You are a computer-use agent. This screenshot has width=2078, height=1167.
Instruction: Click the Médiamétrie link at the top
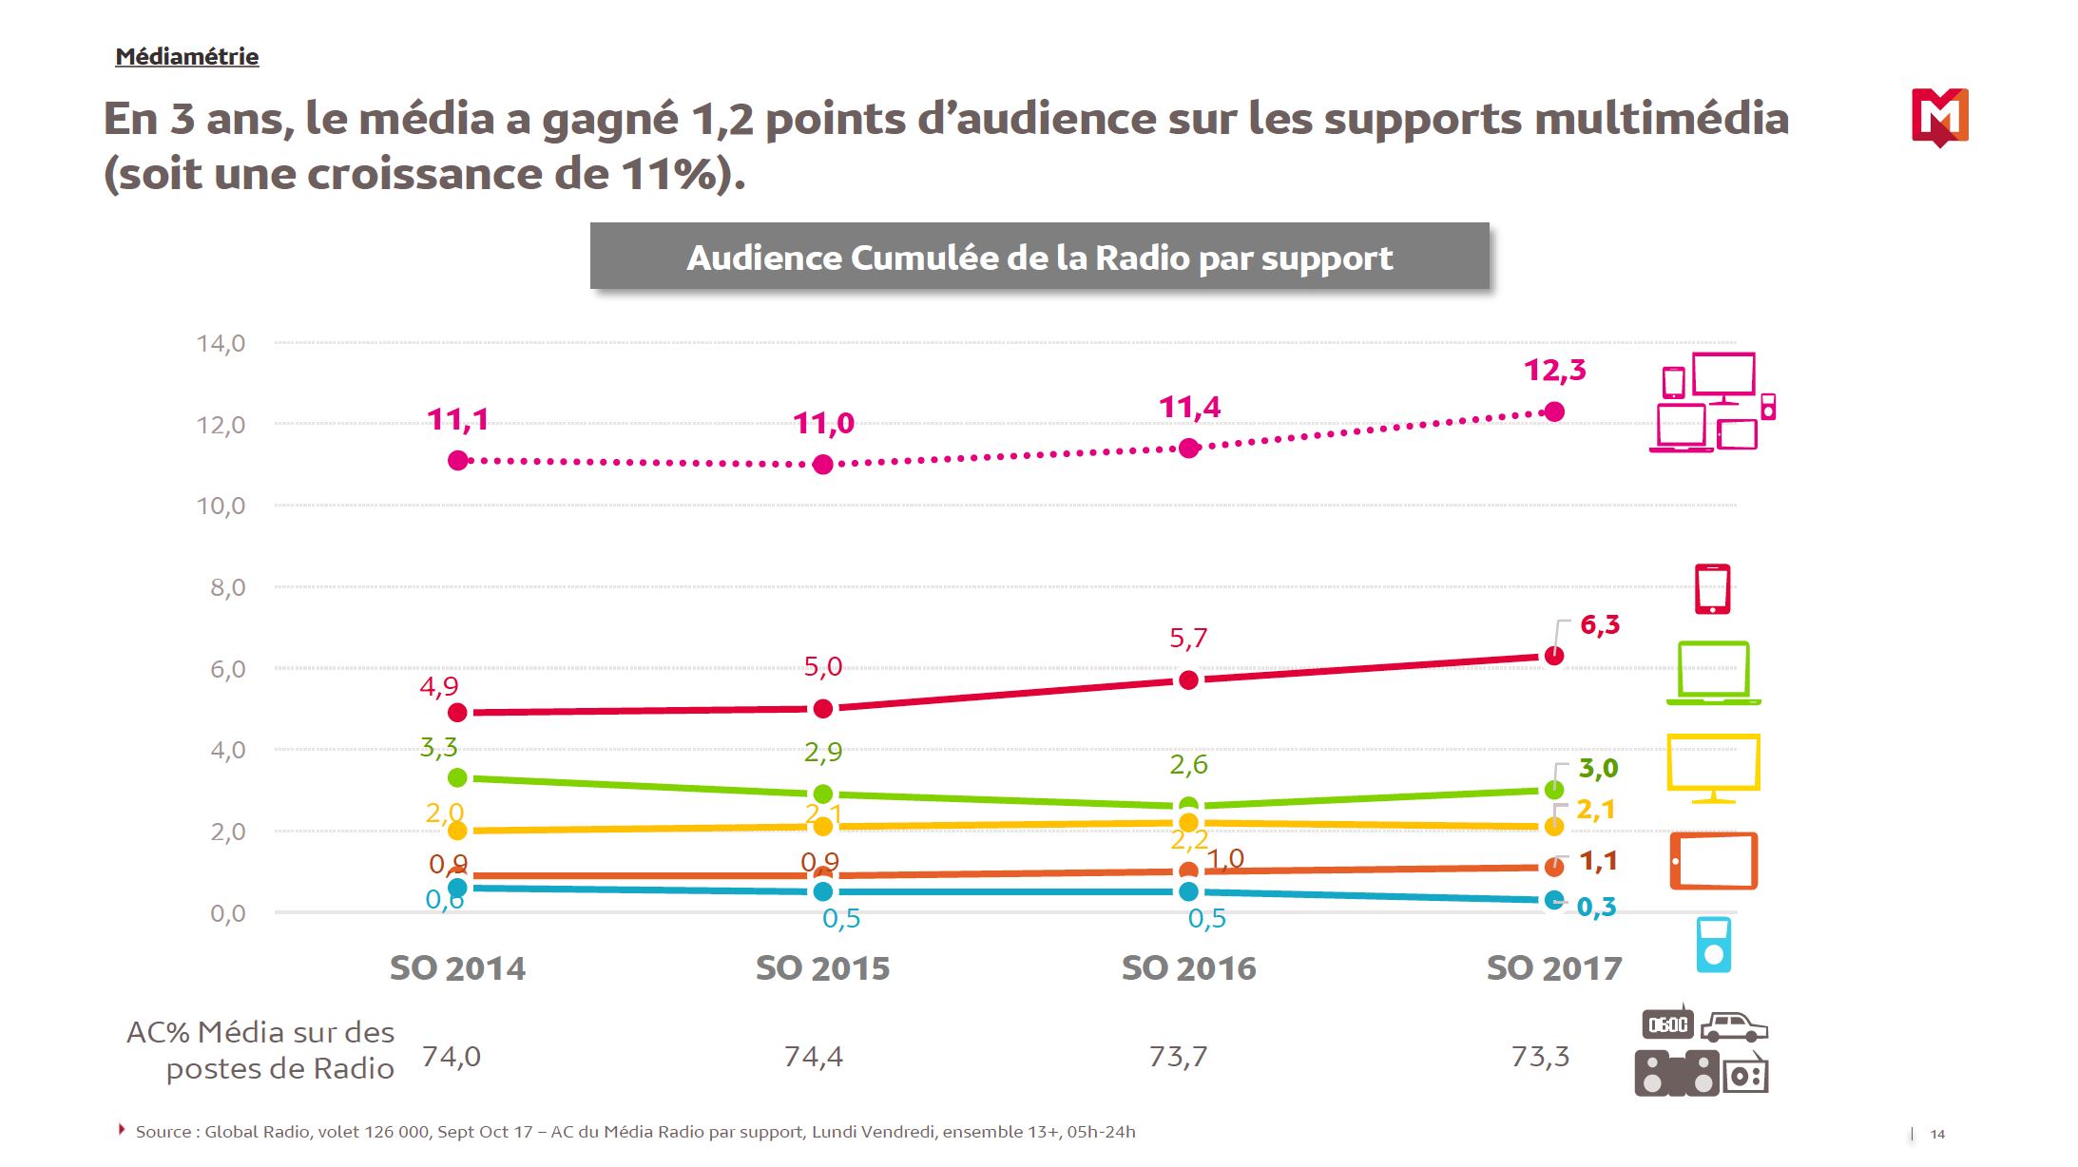[186, 57]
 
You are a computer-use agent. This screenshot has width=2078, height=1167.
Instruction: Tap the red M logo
[1939, 117]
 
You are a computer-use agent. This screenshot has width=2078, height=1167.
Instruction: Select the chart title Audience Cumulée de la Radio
[1039, 258]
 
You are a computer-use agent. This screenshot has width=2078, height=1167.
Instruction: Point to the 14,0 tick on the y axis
[221, 343]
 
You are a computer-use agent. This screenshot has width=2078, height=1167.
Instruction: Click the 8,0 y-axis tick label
[227, 587]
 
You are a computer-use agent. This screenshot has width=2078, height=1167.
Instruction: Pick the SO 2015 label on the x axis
[822, 968]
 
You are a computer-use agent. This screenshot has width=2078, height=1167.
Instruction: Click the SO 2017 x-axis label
[1553, 968]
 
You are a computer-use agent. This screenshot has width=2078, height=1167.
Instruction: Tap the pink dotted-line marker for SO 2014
[458, 461]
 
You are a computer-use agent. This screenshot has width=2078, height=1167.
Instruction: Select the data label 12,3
[1554, 370]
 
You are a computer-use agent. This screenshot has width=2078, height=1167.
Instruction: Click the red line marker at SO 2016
[1188, 680]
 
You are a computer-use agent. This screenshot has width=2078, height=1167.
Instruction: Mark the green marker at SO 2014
[457, 777]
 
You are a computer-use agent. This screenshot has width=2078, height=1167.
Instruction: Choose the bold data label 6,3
[1600, 625]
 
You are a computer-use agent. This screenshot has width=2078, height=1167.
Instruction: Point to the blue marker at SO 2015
[823, 891]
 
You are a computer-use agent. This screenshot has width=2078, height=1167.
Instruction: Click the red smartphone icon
[1712, 589]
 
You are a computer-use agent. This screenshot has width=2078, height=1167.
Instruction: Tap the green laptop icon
[1713, 673]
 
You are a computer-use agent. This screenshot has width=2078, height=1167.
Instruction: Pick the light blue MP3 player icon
[1713, 945]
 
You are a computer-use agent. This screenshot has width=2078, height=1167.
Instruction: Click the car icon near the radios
[1733, 1027]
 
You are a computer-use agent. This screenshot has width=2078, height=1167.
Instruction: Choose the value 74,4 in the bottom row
[813, 1057]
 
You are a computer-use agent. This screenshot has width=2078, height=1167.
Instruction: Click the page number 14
[1937, 1134]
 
